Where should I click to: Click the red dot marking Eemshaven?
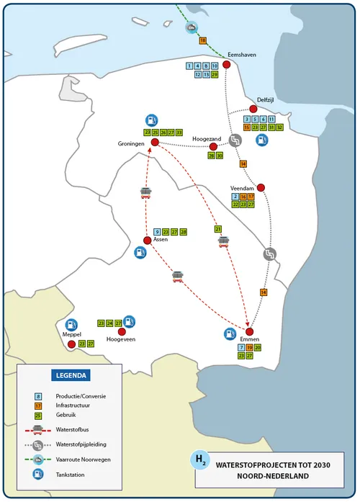click(226, 65)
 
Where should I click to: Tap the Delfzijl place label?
click(266, 100)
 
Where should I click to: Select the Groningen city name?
click(132, 144)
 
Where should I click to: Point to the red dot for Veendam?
click(261, 188)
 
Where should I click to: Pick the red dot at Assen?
click(147, 241)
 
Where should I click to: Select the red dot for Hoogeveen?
click(131, 331)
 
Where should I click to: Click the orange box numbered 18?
click(203, 40)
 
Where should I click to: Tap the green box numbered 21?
click(218, 229)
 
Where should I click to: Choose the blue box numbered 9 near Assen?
click(157, 231)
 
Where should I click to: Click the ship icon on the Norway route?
click(190, 27)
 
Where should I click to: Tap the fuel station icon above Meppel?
click(71, 326)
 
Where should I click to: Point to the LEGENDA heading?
click(71, 375)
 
